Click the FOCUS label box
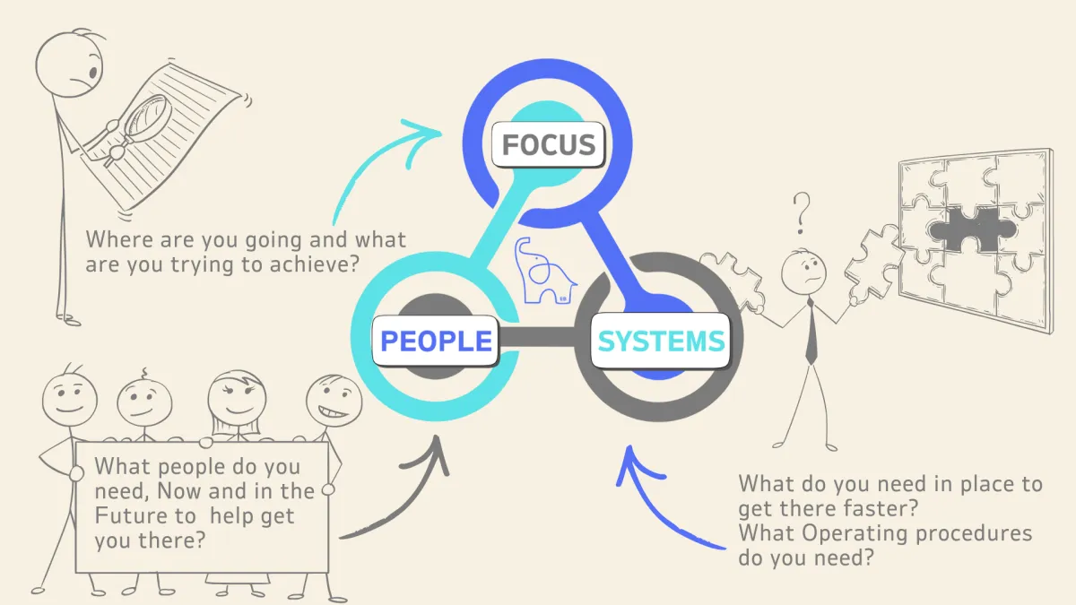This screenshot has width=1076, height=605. [x=549, y=144]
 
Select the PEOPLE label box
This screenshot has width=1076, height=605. [x=437, y=341]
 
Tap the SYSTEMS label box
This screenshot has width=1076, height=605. [x=661, y=341]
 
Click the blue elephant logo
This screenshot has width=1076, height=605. [x=543, y=271]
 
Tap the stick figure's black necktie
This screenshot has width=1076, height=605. [x=811, y=331]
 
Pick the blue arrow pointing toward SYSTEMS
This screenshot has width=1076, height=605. [x=664, y=511]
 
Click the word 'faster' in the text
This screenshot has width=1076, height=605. [x=882, y=509]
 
